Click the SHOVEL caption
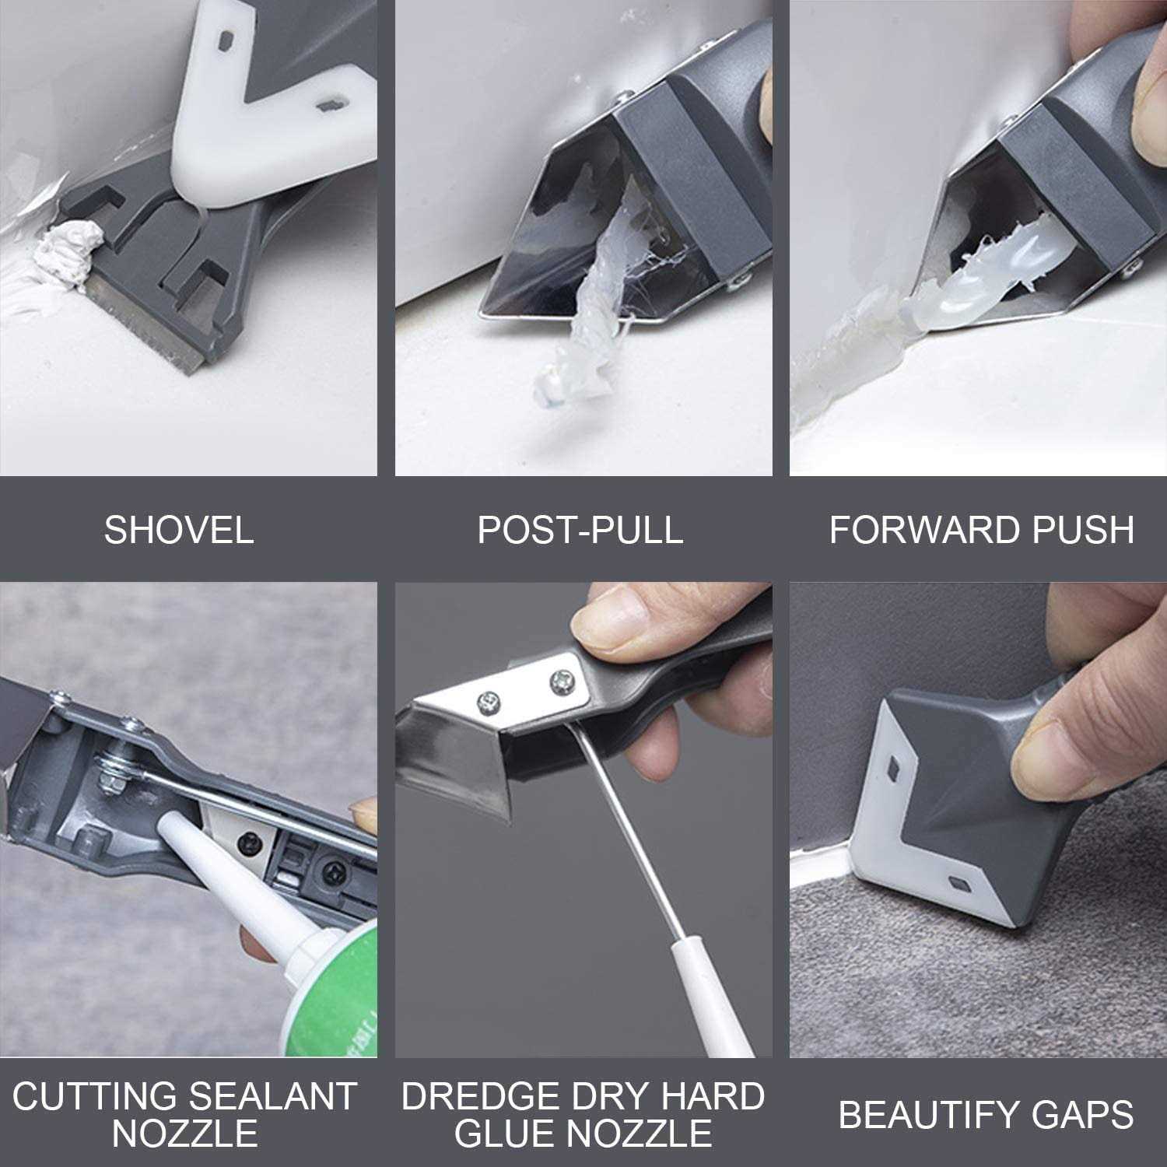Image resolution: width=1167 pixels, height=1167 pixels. coord(179,530)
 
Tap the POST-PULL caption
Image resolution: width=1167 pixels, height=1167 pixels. coord(580,530)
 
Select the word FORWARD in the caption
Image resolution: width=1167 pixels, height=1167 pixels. coord(917,530)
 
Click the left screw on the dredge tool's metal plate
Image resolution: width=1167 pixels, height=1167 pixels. coord(488,699)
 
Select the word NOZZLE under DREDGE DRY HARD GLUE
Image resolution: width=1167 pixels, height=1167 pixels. coord(583,1133)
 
